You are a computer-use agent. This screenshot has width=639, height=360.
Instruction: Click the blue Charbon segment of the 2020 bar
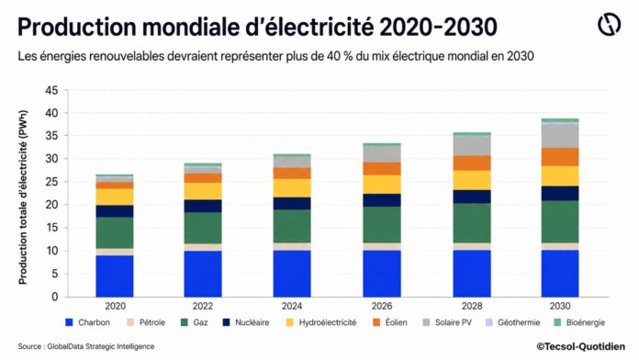(x=115, y=276)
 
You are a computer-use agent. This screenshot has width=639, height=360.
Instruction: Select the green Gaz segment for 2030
(x=560, y=222)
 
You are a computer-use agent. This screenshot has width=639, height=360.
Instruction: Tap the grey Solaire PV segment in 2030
(x=560, y=136)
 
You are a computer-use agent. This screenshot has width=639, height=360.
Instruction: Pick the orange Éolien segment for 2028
(x=472, y=163)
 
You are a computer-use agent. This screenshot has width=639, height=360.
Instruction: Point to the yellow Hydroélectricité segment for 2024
(x=292, y=188)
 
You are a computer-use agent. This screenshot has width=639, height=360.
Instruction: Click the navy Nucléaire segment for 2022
(x=203, y=206)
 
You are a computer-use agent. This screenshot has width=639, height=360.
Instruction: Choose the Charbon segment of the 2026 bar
(x=382, y=274)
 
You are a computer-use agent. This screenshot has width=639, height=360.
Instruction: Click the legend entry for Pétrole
(x=146, y=322)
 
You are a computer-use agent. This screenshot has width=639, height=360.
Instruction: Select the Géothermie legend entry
(x=512, y=322)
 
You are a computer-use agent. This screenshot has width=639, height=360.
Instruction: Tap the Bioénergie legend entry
(x=579, y=322)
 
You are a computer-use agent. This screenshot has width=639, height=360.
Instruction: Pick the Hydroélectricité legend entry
(x=321, y=322)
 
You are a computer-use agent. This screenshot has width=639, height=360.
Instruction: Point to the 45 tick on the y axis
(x=51, y=90)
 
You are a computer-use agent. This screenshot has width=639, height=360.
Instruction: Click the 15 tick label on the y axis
(x=51, y=228)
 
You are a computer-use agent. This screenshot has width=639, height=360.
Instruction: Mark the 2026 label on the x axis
(x=382, y=306)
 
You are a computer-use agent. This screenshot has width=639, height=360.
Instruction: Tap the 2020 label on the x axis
(x=116, y=306)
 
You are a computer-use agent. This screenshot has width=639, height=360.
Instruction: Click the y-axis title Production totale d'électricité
(x=23, y=197)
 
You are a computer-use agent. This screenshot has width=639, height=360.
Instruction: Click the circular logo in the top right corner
(x=610, y=24)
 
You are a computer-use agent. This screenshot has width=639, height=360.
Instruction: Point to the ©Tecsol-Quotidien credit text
(x=580, y=346)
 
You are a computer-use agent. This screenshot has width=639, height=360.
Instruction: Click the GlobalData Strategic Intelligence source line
(x=86, y=346)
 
